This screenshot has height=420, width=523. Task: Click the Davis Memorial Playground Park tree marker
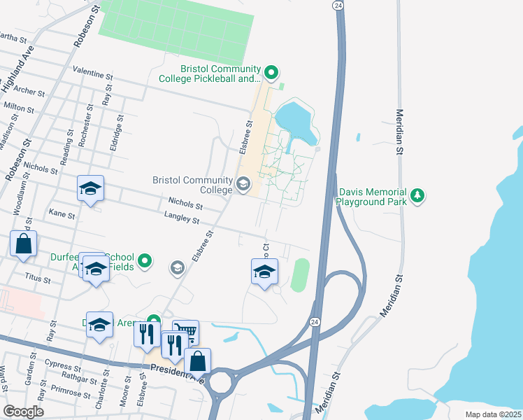417,195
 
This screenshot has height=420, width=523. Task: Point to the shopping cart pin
185,332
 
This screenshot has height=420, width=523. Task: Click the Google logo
23,412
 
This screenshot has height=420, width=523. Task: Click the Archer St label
29,91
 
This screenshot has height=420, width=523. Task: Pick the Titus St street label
37,279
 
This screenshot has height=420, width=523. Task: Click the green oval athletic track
299,275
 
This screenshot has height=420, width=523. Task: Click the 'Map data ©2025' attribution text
493,414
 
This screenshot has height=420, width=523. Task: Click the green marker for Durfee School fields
145,262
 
